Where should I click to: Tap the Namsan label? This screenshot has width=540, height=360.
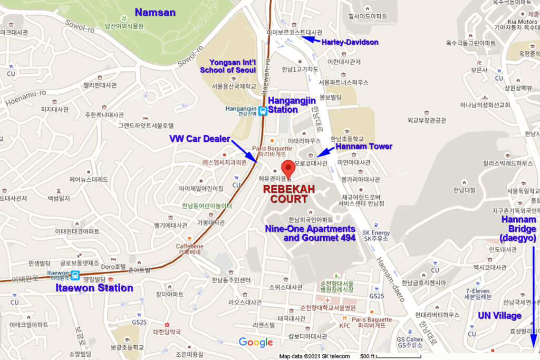[155, 12]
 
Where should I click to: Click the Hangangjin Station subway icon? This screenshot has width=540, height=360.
[262, 111]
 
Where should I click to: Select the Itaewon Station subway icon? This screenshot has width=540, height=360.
[75, 275]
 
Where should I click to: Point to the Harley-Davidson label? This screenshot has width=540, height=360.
[351, 42]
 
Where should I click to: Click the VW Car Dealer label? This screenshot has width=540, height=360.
[199, 139]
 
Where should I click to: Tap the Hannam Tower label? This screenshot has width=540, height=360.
[364, 146]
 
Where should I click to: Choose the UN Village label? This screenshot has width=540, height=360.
[499, 316]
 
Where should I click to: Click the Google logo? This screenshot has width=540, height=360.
[256, 343]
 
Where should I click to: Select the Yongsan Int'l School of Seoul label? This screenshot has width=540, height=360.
[228, 66]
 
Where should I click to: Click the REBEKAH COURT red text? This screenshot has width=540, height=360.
[286, 193]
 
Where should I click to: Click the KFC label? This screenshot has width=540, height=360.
[345, 326]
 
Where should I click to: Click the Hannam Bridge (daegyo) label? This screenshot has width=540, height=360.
[519, 229]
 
